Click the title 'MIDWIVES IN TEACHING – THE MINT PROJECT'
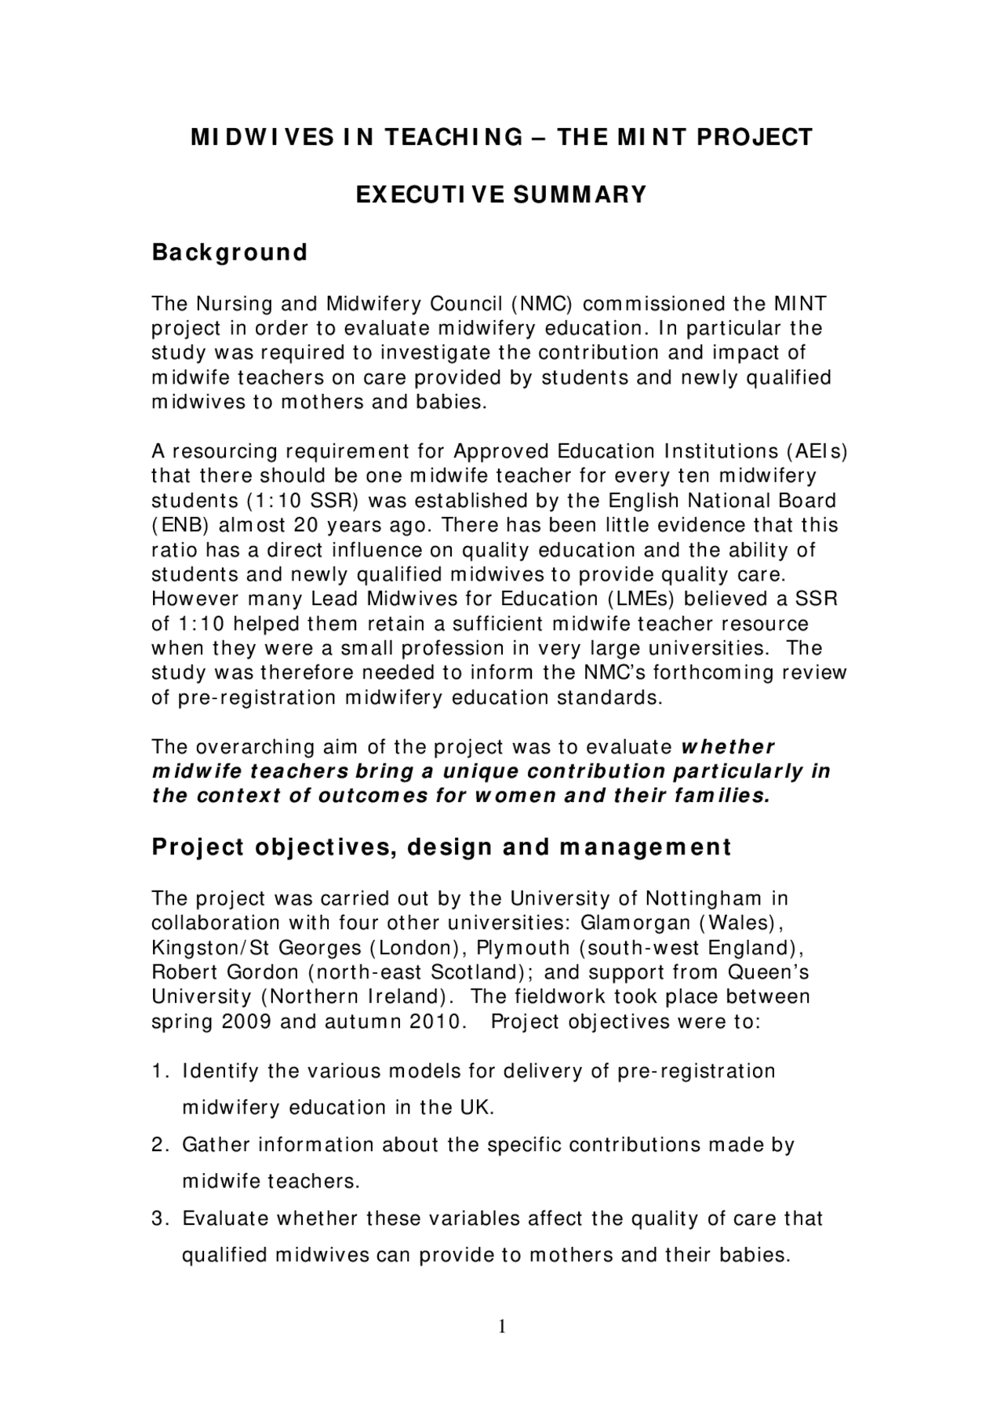[502, 137]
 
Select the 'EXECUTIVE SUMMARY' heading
[502, 194]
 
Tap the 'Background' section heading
[229, 253]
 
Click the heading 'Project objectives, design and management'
[442, 847]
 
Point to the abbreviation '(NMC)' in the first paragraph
[540, 304]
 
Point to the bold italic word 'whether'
[728, 746]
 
